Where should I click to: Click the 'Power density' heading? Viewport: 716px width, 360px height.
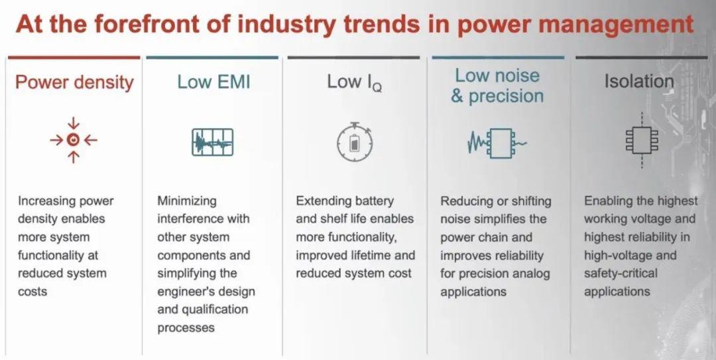74,83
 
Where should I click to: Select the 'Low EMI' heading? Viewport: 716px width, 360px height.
213,82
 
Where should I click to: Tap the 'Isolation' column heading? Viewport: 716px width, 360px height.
638,82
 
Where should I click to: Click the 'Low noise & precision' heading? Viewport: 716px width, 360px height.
497,86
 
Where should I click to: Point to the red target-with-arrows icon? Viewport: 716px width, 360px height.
74,140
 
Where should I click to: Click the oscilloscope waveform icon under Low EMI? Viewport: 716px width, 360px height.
212,142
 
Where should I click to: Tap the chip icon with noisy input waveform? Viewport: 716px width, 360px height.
497,142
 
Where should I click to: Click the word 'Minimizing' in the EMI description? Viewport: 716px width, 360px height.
187,201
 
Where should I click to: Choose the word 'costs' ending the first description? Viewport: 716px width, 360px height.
32,292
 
